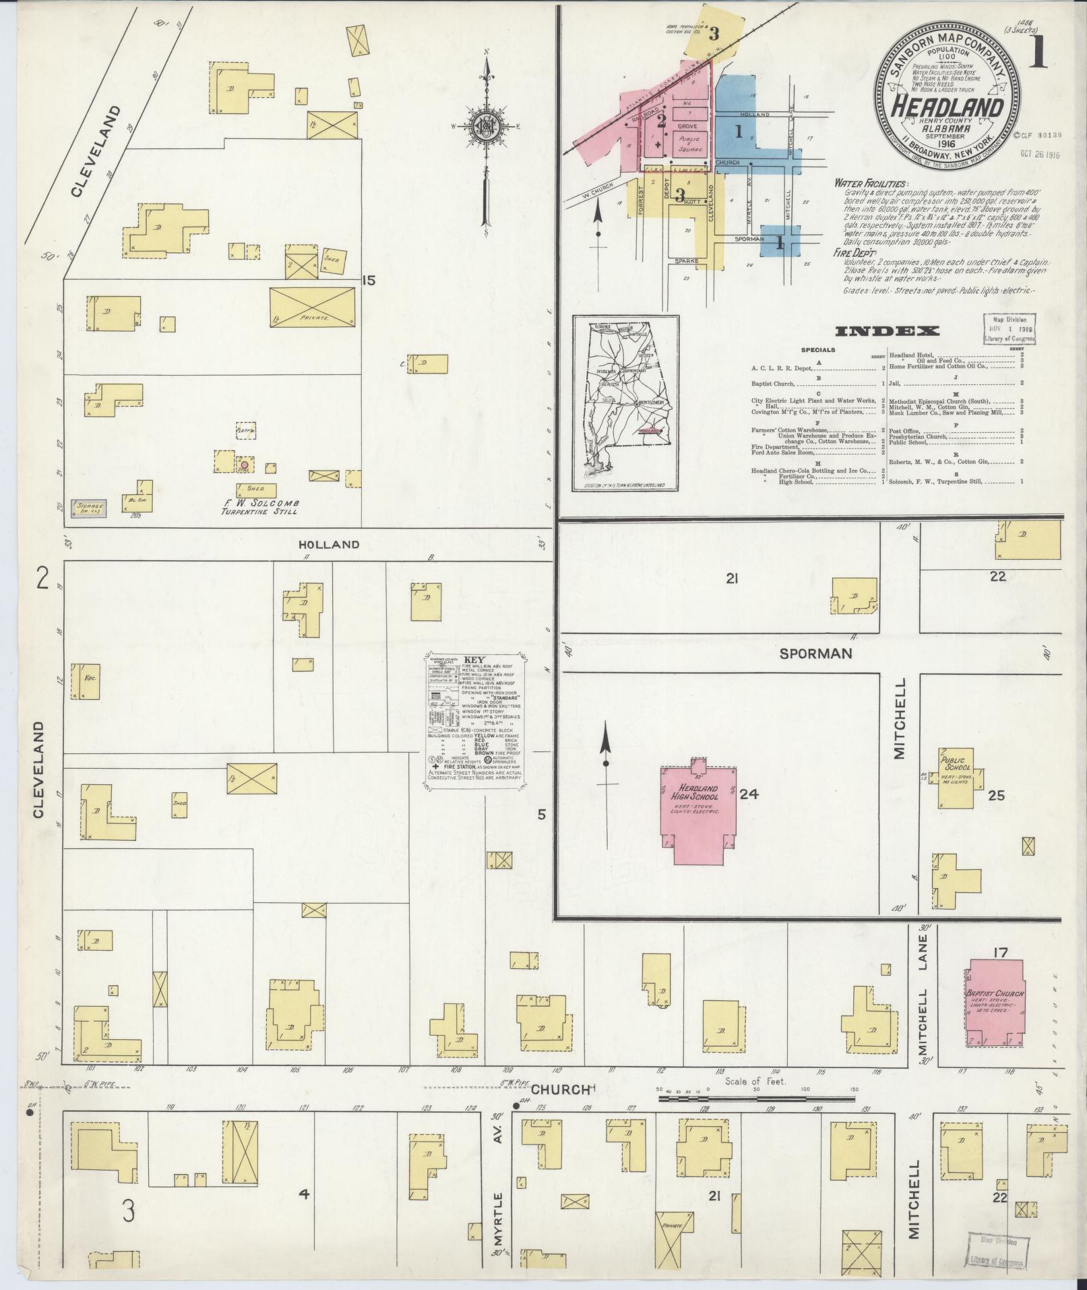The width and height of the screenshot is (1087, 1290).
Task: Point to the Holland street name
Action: click(x=330, y=544)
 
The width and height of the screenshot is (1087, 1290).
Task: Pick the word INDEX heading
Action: click(x=886, y=331)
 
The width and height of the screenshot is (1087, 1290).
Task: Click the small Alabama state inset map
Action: click(x=625, y=405)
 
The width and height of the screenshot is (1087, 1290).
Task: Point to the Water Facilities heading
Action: click(x=871, y=183)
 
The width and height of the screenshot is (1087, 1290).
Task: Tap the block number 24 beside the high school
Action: click(x=749, y=794)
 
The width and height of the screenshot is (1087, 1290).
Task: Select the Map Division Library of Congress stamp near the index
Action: click(x=1009, y=329)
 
